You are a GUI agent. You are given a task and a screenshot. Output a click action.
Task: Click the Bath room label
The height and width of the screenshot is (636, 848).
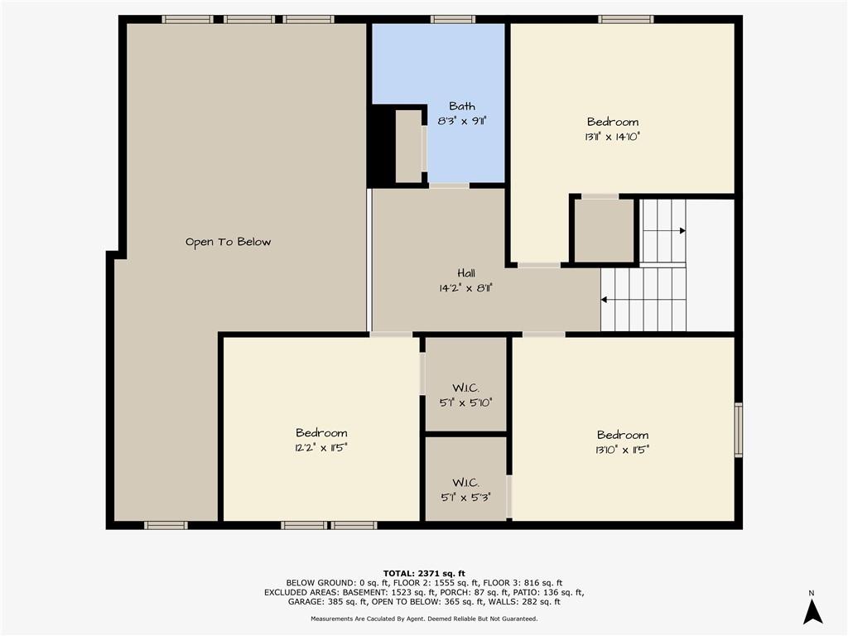pos(462,106)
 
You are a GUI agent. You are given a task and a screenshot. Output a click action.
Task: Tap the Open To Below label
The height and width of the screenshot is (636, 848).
pos(228,242)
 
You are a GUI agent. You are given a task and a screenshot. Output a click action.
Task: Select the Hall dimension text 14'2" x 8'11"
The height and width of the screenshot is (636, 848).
pos(465,288)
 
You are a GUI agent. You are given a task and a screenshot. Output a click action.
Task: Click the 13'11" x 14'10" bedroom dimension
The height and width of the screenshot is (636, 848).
pos(612,137)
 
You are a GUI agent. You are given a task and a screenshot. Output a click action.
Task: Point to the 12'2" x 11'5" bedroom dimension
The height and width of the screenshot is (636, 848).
pos(321,448)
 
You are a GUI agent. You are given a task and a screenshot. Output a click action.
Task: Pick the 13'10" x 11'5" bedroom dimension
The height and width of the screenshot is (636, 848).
pos(623,450)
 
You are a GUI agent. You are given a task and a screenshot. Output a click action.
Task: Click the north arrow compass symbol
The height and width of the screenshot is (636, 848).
pos(812,612)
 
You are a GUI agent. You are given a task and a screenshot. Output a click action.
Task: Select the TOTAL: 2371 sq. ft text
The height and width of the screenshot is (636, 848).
pos(424,573)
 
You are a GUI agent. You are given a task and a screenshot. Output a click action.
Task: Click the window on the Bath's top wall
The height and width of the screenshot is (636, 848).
pos(453,20)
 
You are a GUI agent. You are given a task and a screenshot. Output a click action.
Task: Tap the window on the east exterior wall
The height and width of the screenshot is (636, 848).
pos(738,430)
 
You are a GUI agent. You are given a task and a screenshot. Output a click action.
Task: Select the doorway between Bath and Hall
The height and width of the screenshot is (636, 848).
pos(449,185)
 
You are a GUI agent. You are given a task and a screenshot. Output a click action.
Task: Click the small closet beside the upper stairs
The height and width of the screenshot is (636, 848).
pos(604,231)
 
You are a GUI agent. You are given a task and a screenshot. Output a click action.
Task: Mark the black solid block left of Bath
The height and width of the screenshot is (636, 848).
pos(381,146)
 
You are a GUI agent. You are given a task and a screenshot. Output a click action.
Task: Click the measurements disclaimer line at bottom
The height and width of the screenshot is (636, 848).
pos(424,618)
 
